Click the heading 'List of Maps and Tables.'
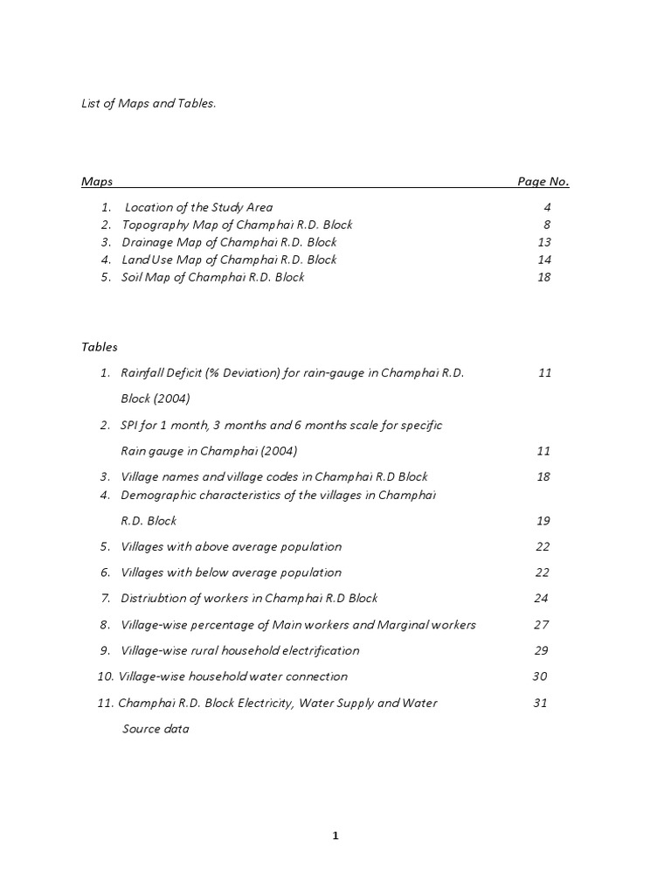[149, 103]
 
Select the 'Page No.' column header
[543, 182]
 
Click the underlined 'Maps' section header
[97, 182]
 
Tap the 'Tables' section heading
[100, 347]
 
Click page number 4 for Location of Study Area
[547, 208]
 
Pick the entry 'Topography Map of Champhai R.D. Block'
[237, 225]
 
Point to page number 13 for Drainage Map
[544, 243]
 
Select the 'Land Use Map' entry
[229, 260]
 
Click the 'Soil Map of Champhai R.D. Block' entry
[212, 278]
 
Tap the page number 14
[544, 260]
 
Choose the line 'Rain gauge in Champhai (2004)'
[209, 451]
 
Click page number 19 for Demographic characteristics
[543, 521]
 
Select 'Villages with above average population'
[231, 547]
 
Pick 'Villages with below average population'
[231, 572]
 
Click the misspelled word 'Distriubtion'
[153, 599]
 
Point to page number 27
[541, 625]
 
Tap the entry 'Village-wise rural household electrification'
[239, 651]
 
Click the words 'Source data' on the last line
[155, 729]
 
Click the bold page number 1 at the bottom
[335, 836]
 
